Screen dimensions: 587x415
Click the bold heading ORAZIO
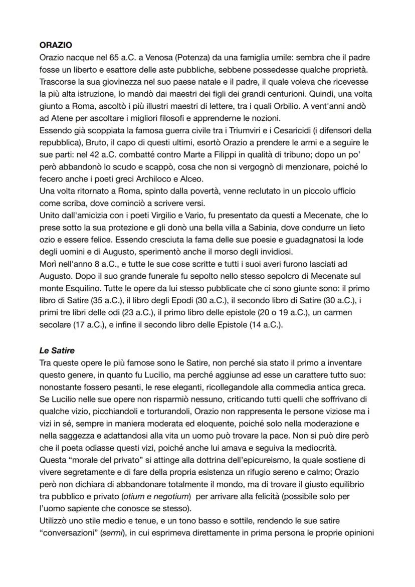(x=56, y=44)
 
